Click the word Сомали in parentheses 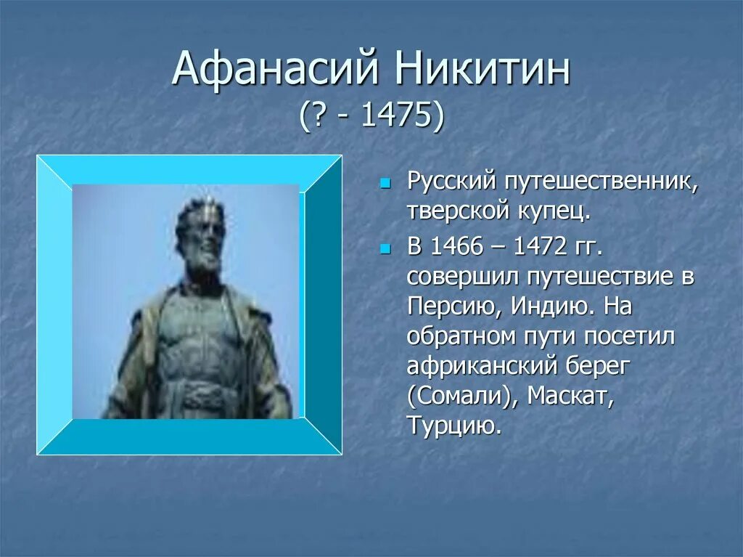(x=459, y=396)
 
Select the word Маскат (x=570, y=396)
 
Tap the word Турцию (x=453, y=426)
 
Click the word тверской (x=457, y=212)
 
